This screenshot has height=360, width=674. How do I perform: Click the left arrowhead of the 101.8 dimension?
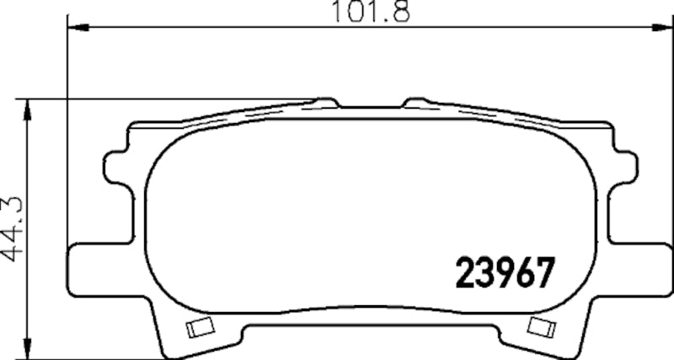pyautogui.click(x=76, y=29)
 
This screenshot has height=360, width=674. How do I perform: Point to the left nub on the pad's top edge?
pyautogui.click(x=324, y=103)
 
